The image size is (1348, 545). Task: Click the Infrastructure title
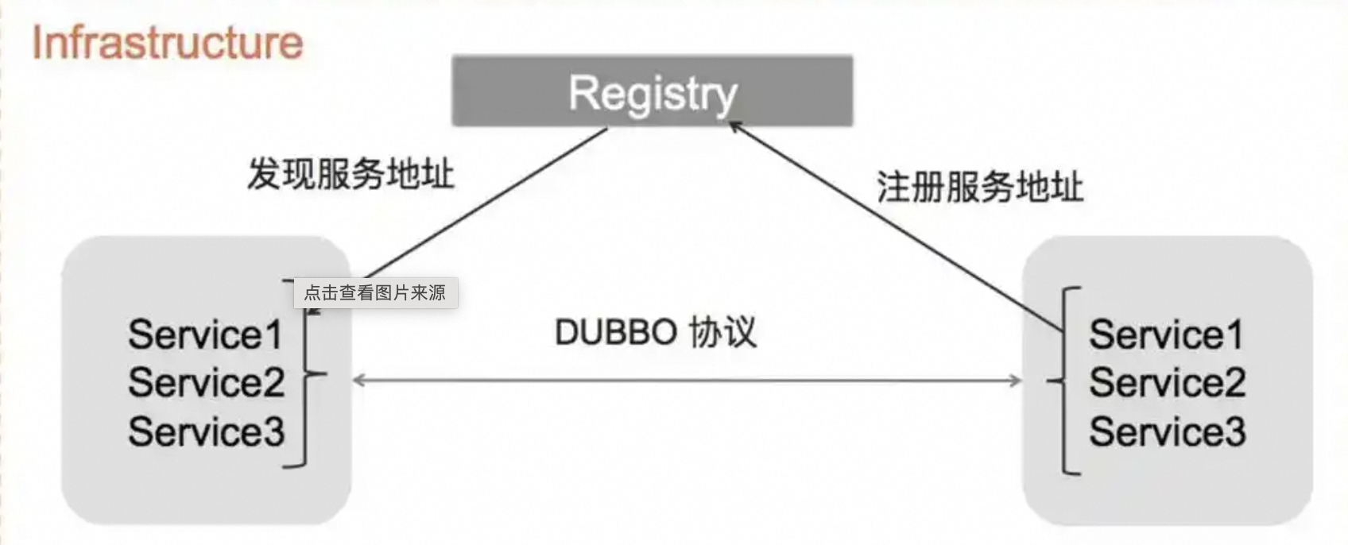(x=167, y=42)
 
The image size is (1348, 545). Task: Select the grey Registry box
(x=652, y=91)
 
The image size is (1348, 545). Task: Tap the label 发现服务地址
(x=351, y=173)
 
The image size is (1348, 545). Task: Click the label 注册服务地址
(x=979, y=187)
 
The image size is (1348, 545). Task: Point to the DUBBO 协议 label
(x=655, y=332)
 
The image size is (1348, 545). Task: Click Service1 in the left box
(x=205, y=334)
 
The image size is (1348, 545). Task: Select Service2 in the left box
(x=206, y=383)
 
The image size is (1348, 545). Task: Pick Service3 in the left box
(x=206, y=431)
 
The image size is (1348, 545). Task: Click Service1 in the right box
(x=1166, y=334)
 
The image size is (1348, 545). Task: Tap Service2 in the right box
(x=1167, y=383)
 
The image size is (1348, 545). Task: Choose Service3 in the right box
(x=1167, y=431)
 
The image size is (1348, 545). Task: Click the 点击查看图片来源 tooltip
(x=375, y=292)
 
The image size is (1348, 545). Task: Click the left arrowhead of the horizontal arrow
(x=358, y=381)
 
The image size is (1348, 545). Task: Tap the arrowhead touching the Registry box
(x=736, y=126)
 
